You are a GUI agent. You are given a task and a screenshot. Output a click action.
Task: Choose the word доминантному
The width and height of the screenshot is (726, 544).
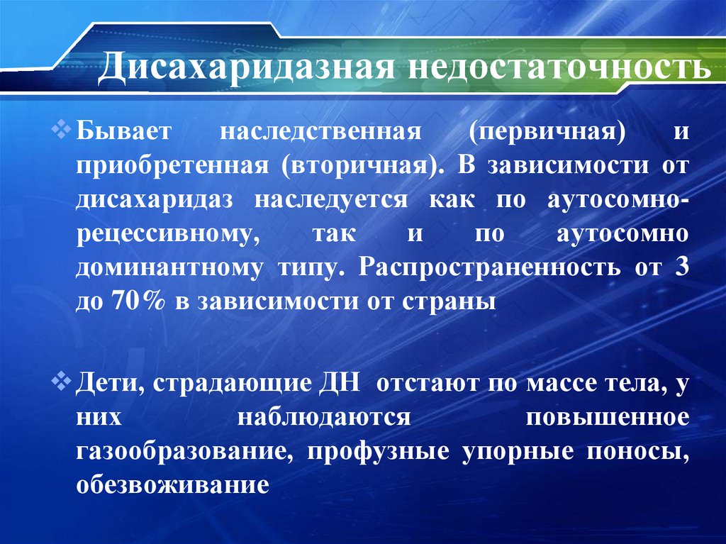(x=167, y=268)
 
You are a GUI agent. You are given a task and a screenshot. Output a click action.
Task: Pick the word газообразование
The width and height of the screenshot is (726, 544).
(x=181, y=453)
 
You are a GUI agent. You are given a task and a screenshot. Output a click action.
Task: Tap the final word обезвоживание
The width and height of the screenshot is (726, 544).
(x=173, y=486)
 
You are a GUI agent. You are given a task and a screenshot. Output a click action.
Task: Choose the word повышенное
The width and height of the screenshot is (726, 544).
(x=607, y=417)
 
